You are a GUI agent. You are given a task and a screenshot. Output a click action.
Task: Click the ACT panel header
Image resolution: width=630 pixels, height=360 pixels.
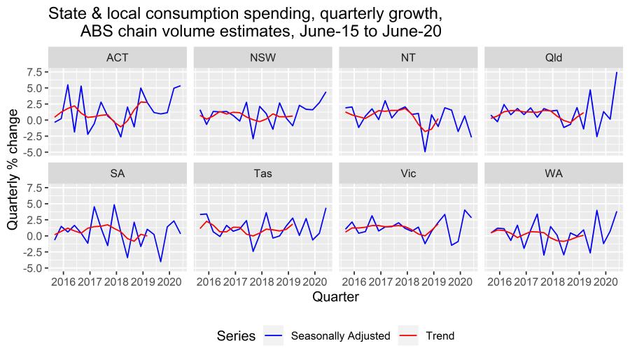(117, 57)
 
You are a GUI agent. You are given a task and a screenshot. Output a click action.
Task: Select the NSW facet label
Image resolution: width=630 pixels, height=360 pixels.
(262, 57)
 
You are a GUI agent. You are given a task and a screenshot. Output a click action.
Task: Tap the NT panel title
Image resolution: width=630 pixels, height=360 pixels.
(408, 57)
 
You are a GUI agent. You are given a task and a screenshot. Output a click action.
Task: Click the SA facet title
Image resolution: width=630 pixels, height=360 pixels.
(117, 173)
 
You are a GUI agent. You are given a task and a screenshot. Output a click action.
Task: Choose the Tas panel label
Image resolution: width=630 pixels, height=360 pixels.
(262, 173)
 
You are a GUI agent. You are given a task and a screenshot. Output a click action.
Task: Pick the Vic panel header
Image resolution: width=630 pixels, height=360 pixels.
(408, 173)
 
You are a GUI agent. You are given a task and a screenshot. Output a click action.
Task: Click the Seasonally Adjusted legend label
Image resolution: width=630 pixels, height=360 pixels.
(340, 336)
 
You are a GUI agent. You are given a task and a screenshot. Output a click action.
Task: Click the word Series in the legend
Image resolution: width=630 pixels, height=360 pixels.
(236, 336)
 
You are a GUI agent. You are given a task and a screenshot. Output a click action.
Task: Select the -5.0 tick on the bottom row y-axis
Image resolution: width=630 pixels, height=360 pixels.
(33, 268)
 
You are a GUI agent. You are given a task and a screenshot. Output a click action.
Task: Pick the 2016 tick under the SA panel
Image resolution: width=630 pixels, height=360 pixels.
(64, 280)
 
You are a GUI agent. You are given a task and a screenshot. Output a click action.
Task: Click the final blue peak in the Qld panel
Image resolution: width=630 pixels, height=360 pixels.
(617, 72)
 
